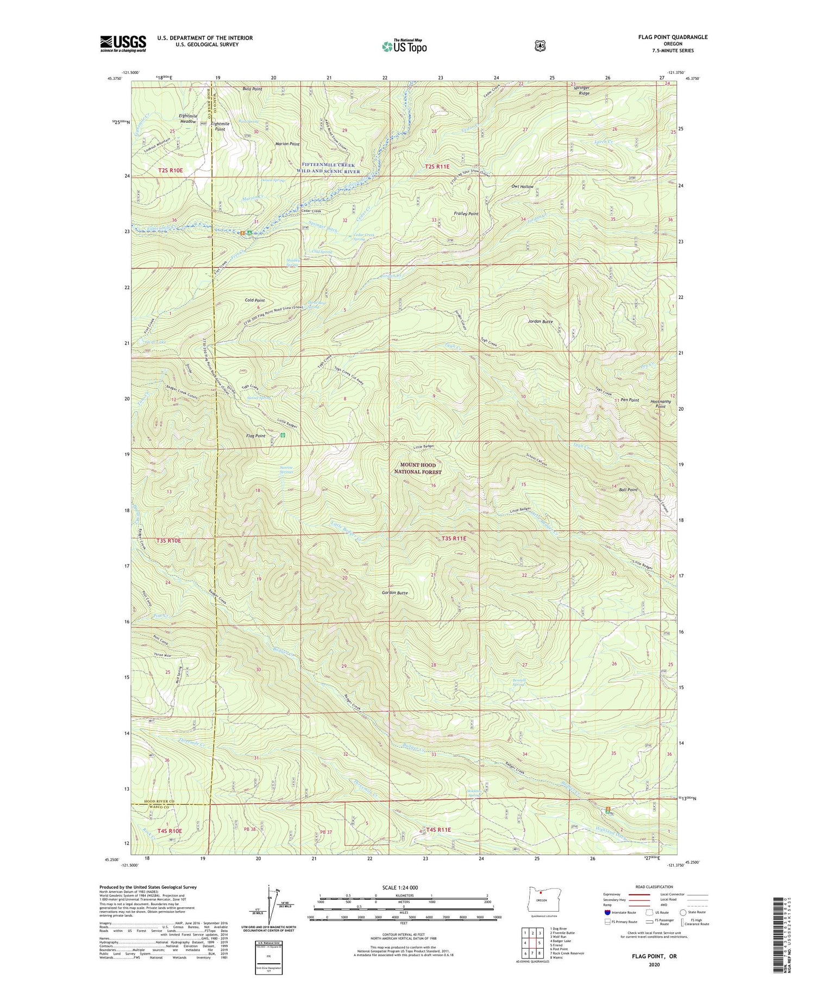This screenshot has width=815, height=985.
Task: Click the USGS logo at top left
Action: [x=123, y=43]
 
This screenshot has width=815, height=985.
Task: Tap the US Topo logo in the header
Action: [x=404, y=46]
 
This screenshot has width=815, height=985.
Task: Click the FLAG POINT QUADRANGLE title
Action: [x=673, y=37]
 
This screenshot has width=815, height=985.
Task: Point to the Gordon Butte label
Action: [x=394, y=593]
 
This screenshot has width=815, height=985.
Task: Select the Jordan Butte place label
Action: [x=540, y=322]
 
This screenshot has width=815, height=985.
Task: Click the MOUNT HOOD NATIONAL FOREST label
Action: [x=418, y=468]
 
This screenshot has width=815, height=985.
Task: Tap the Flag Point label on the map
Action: [x=256, y=436]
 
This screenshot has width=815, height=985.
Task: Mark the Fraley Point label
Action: [x=466, y=214]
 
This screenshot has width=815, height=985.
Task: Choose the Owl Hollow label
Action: [x=522, y=186]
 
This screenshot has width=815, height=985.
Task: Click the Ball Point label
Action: [x=628, y=490]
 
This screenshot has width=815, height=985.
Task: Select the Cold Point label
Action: [x=254, y=300]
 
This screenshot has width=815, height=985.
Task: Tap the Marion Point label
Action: [x=287, y=144]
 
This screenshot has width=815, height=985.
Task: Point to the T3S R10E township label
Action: [x=169, y=541]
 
